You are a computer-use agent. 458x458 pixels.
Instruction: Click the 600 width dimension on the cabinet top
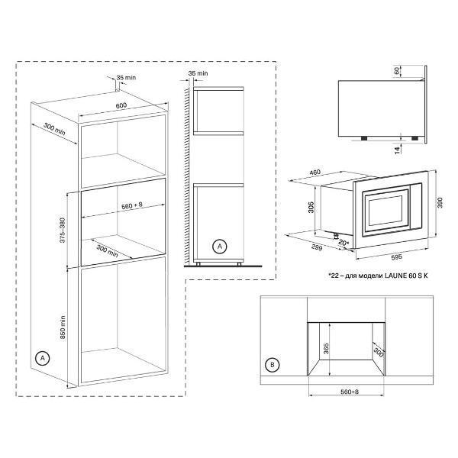121,105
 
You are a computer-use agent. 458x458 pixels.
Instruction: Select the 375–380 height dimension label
63,231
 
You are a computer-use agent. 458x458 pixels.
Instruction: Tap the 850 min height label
63,327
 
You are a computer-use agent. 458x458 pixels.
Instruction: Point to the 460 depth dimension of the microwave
314,173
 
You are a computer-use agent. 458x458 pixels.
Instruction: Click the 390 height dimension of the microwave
440,203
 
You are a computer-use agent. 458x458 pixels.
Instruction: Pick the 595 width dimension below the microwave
396,256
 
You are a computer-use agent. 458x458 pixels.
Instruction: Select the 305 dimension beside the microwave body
311,207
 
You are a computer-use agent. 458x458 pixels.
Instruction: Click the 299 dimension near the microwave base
317,247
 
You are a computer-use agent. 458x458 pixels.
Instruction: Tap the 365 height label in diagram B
326,349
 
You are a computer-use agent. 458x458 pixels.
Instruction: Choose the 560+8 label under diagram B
350,392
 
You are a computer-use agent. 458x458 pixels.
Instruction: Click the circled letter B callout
273,365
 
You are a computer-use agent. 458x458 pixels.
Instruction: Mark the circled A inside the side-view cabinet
220,247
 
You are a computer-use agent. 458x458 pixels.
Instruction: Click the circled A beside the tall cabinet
43,358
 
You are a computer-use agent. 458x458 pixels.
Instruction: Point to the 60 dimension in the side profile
397,71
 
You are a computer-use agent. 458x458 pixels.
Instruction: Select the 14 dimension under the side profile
397,150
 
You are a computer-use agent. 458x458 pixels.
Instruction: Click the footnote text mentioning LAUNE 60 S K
378,276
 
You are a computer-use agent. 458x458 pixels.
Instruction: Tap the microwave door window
385,211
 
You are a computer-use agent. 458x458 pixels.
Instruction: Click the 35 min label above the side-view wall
198,73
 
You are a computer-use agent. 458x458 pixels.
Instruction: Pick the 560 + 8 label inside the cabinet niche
132,205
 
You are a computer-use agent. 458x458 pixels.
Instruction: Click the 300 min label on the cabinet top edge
54,129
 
